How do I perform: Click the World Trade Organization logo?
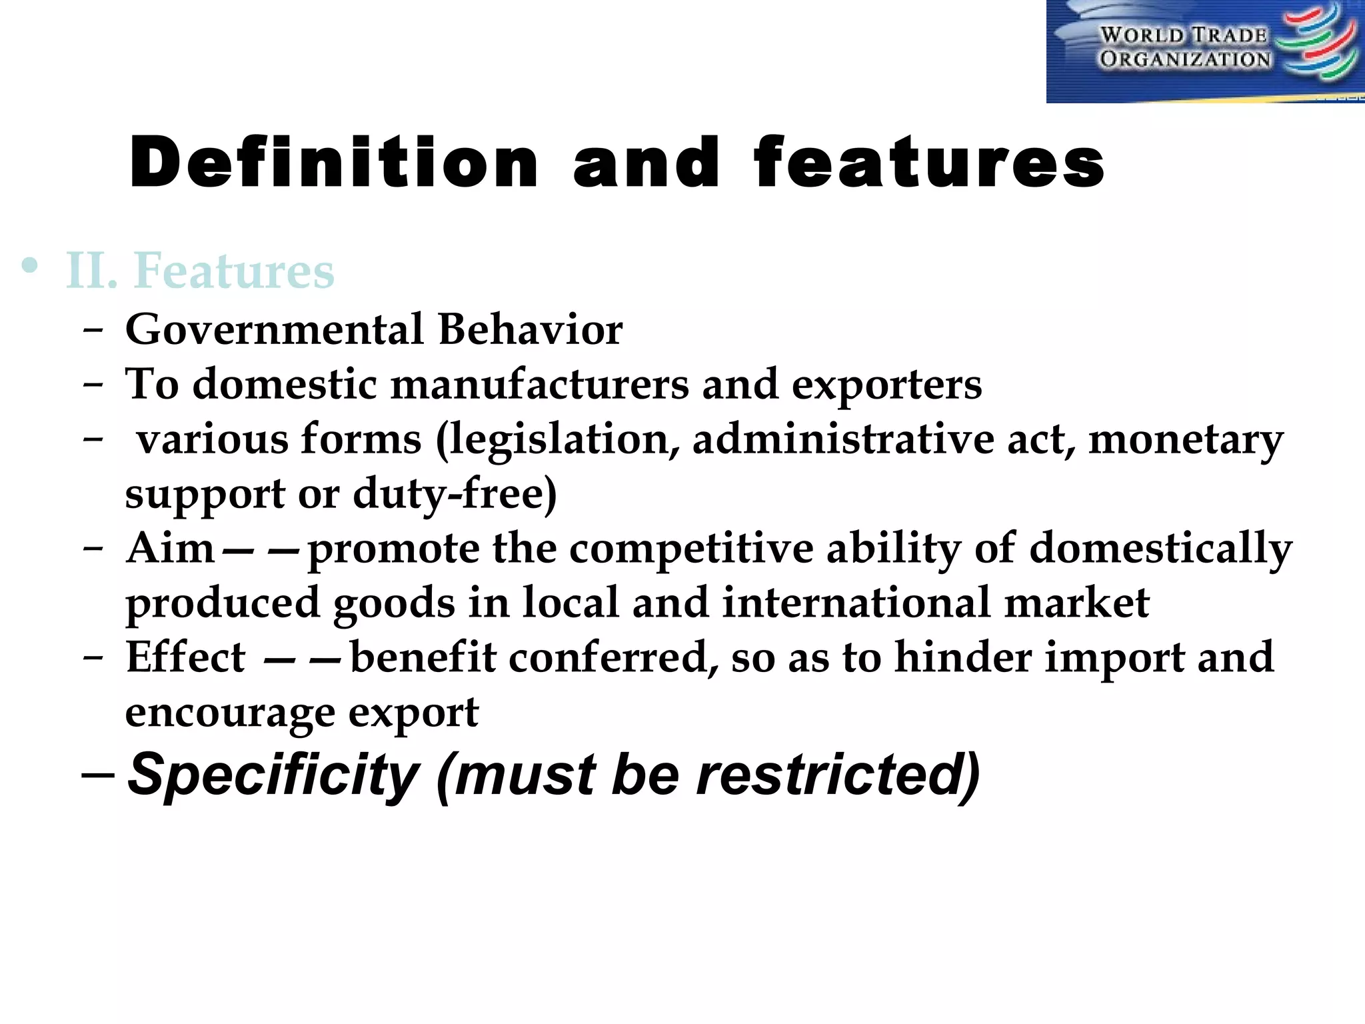(1205, 51)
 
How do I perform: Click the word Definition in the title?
(333, 163)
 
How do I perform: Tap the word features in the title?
(929, 163)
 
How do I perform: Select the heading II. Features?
(200, 271)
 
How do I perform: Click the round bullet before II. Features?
(29, 267)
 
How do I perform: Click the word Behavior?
(531, 329)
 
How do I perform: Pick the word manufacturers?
(540, 385)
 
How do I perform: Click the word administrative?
(843, 440)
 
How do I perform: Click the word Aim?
(170, 549)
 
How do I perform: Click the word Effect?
(185, 658)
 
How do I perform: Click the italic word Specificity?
(273, 775)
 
